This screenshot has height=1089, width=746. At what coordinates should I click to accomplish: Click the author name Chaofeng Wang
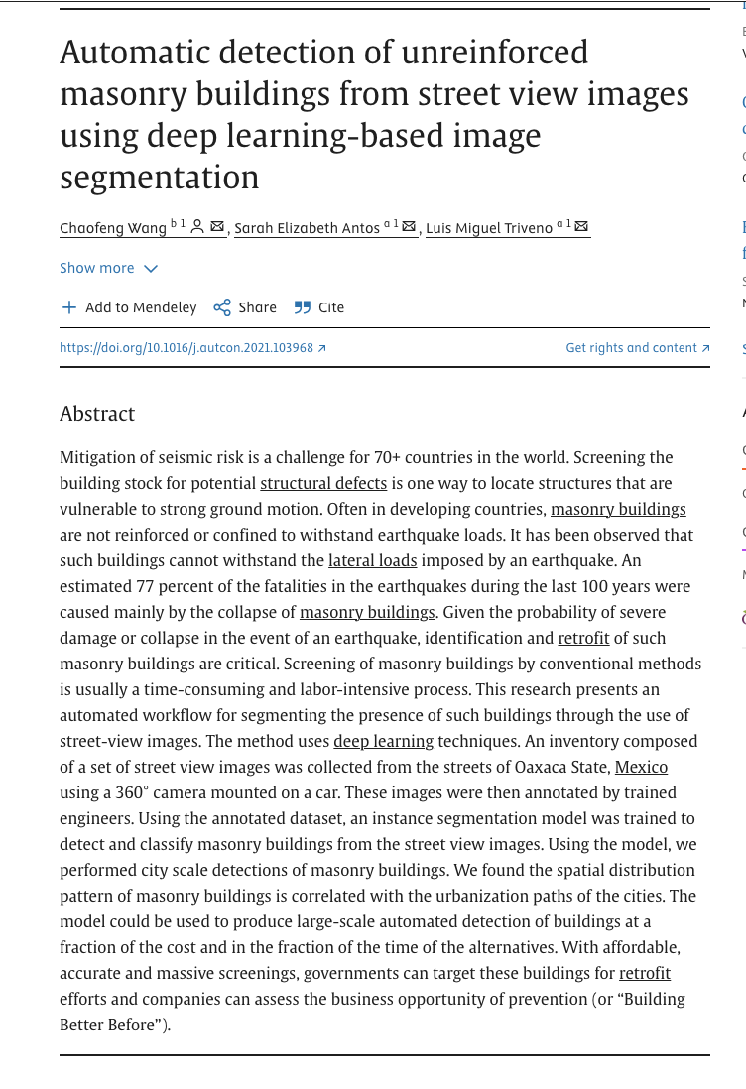(113, 228)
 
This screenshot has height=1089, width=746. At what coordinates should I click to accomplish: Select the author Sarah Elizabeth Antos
(307, 228)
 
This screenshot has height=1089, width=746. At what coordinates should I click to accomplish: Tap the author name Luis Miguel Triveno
(488, 228)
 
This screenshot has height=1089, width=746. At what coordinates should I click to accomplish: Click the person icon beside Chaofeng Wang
(197, 227)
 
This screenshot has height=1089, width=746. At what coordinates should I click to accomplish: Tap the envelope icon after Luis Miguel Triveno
(581, 227)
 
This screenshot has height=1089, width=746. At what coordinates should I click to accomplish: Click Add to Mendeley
(129, 307)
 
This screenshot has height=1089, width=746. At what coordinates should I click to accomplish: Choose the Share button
(245, 307)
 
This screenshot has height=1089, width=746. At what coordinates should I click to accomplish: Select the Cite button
(319, 307)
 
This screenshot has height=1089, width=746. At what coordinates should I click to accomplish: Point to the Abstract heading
(97, 414)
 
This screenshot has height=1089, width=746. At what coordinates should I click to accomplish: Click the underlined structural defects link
(323, 483)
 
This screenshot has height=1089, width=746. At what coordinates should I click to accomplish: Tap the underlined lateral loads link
(372, 560)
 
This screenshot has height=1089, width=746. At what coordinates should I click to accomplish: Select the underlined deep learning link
(383, 741)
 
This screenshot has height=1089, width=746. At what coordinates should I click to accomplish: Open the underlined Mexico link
(641, 767)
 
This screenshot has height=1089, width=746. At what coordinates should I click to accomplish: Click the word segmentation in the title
(159, 178)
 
